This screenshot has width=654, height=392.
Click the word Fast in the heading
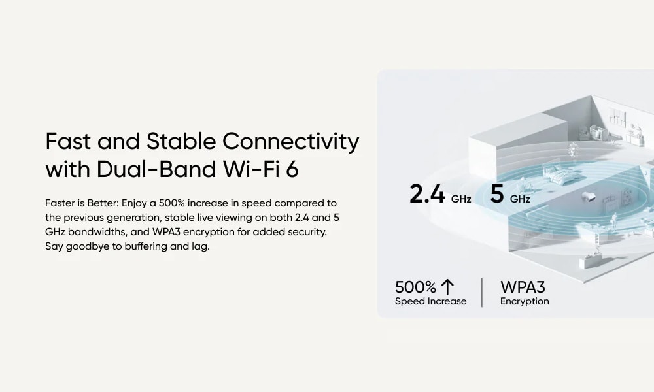(x=68, y=141)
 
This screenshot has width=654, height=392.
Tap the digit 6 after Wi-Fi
(x=292, y=170)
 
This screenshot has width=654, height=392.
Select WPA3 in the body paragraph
(x=166, y=232)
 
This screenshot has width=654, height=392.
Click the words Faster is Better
(x=82, y=203)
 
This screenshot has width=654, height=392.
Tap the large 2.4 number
(x=427, y=193)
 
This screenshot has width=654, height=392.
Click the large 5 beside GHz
(x=497, y=193)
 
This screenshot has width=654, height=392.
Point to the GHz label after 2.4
(x=461, y=199)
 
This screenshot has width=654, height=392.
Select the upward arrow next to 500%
(x=447, y=287)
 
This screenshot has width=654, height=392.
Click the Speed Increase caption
(x=430, y=301)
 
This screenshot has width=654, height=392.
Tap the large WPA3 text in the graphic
(x=523, y=287)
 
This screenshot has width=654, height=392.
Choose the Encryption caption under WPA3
(x=525, y=301)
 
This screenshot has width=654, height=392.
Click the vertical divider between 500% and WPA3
(x=482, y=293)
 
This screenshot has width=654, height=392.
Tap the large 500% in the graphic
(x=415, y=287)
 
